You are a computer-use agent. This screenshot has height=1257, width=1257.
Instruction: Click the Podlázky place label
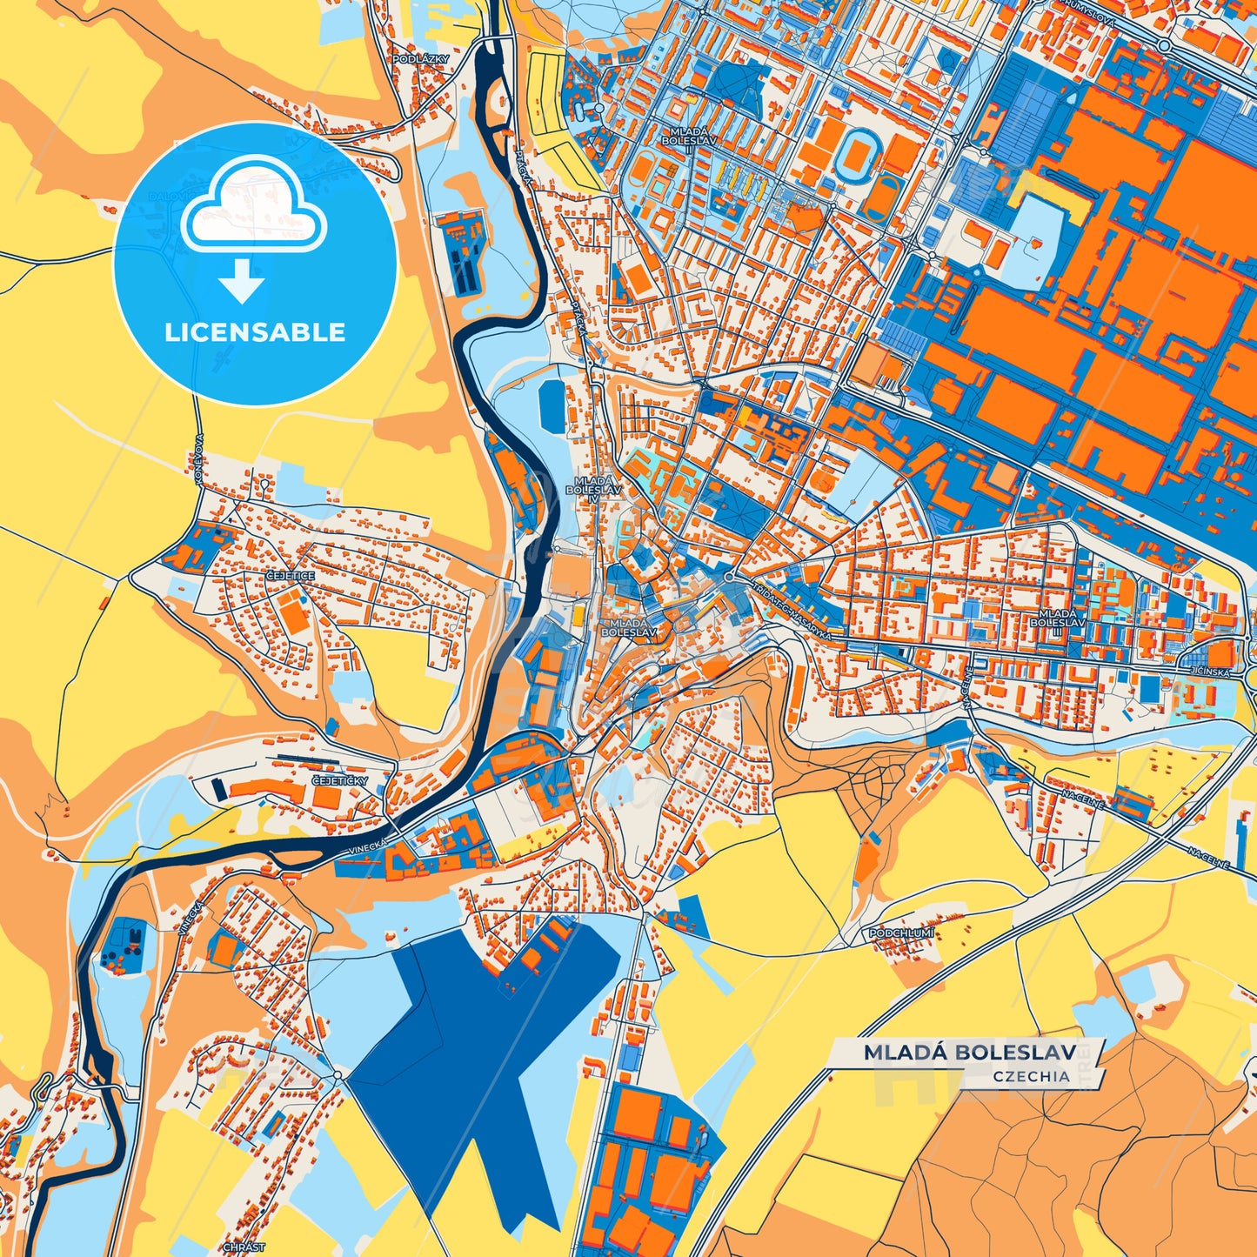420,59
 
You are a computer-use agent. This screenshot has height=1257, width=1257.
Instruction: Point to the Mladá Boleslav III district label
1057,619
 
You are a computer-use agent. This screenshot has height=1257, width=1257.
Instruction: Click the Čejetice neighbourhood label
291,575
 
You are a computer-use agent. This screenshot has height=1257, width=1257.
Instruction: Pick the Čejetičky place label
339,781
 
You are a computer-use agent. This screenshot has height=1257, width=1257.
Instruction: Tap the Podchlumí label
901,933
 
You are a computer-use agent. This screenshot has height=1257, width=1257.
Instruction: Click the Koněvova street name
199,459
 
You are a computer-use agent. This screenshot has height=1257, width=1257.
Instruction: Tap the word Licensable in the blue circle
255,332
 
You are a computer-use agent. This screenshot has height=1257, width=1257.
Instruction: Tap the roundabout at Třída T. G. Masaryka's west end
728,577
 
